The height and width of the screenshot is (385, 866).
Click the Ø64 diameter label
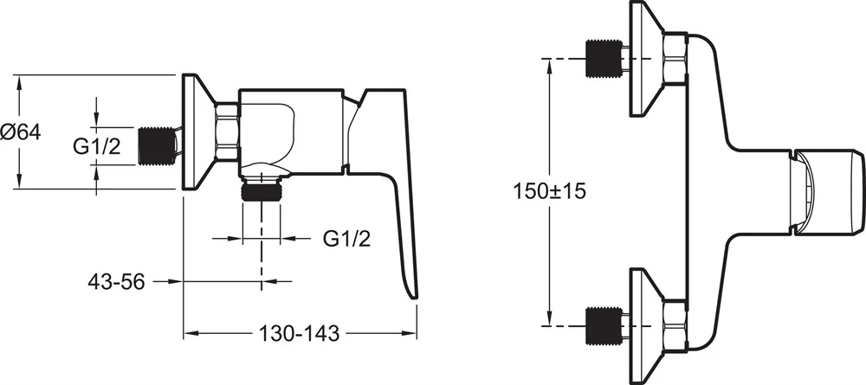(x=21, y=132)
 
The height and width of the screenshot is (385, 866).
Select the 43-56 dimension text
(x=116, y=282)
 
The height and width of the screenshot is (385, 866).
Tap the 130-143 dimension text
(x=299, y=333)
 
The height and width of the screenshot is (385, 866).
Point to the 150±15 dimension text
(x=550, y=191)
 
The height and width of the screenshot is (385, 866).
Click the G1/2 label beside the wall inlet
(x=97, y=146)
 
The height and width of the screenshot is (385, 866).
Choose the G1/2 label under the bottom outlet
(x=347, y=239)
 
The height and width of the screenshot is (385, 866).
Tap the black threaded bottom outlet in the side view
(x=262, y=192)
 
